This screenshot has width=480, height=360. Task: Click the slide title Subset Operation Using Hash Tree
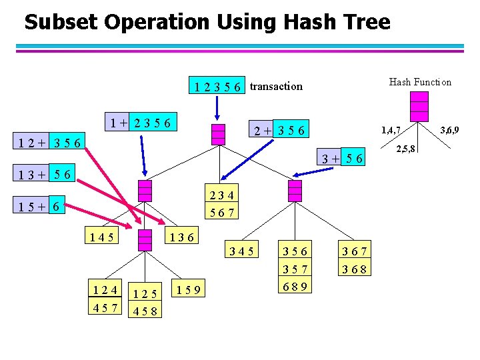[x=207, y=22]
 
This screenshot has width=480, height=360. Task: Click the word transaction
[x=276, y=86]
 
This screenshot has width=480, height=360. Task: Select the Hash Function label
[x=420, y=82]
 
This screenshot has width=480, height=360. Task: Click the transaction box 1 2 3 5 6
[x=217, y=86]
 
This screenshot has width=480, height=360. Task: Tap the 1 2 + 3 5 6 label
[x=50, y=142]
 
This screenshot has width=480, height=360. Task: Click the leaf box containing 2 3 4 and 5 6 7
[x=221, y=203]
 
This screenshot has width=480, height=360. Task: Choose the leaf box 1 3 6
[x=181, y=236]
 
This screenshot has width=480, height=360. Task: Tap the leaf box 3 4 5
[x=241, y=251]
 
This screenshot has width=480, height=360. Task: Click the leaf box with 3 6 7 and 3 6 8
[x=355, y=260]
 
